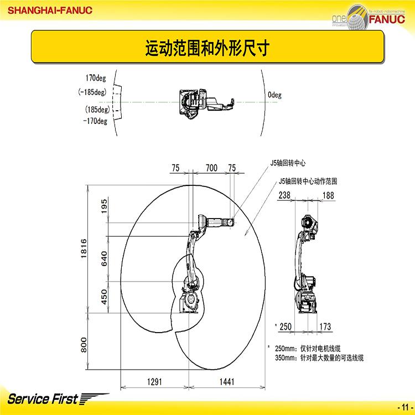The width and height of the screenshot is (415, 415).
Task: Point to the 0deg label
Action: coord(274,95)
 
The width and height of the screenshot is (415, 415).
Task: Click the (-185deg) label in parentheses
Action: coord(92,92)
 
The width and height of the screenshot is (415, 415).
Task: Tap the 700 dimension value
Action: coord(211,168)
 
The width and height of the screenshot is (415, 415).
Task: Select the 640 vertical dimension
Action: coord(105,260)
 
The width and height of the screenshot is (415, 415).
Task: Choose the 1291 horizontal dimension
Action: coord(154,381)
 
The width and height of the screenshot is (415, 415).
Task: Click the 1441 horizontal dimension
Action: coord(227,381)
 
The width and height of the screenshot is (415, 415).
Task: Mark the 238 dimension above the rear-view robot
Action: coord(284,195)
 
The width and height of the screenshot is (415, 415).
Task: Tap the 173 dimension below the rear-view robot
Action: coord(325,326)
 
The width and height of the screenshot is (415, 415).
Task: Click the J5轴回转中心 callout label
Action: coord(288,163)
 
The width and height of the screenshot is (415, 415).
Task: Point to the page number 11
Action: coord(403,404)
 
